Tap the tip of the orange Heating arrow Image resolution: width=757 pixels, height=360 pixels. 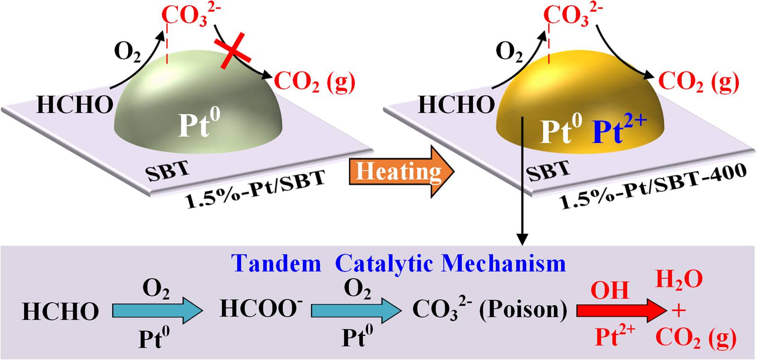(454, 172)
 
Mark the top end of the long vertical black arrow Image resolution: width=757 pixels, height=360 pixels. (522, 117)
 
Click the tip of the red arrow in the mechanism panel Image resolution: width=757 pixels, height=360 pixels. (667, 310)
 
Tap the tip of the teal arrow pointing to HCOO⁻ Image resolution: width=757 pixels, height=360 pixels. (203, 311)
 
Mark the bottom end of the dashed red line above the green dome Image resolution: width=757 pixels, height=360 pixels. (167, 63)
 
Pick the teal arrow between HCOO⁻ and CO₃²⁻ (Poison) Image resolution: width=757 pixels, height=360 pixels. (356, 311)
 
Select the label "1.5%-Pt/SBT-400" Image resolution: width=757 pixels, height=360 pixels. (653, 186)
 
